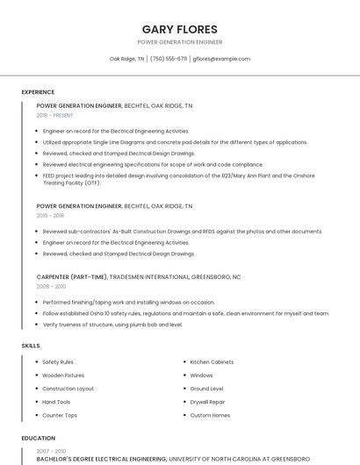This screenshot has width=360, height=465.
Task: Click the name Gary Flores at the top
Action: tap(179, 29)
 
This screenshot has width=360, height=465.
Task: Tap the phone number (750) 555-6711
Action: tap(169, 59)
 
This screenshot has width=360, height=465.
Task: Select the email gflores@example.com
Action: tap(221, 59)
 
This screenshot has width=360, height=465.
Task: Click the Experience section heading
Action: tap(38, 92)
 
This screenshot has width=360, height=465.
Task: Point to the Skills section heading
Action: tap(31, 346)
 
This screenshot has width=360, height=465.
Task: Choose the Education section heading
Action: tap(38, 438)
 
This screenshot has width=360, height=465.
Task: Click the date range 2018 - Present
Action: tap(54, 115)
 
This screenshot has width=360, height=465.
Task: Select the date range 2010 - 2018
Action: tap(50, 215)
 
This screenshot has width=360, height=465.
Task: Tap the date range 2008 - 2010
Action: tap(51, 286)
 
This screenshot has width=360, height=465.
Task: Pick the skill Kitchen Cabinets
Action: tap(212, 361)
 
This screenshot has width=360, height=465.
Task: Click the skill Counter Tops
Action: tap(60, 415)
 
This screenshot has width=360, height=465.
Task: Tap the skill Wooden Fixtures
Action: tap(63, 376)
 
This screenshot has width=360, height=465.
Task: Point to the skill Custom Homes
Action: tap(210, 415)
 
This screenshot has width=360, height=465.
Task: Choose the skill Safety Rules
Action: tap(58, 361)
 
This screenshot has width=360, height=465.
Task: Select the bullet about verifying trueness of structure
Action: tap(112, 324)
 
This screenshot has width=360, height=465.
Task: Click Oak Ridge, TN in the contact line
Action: tap(126, 59)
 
